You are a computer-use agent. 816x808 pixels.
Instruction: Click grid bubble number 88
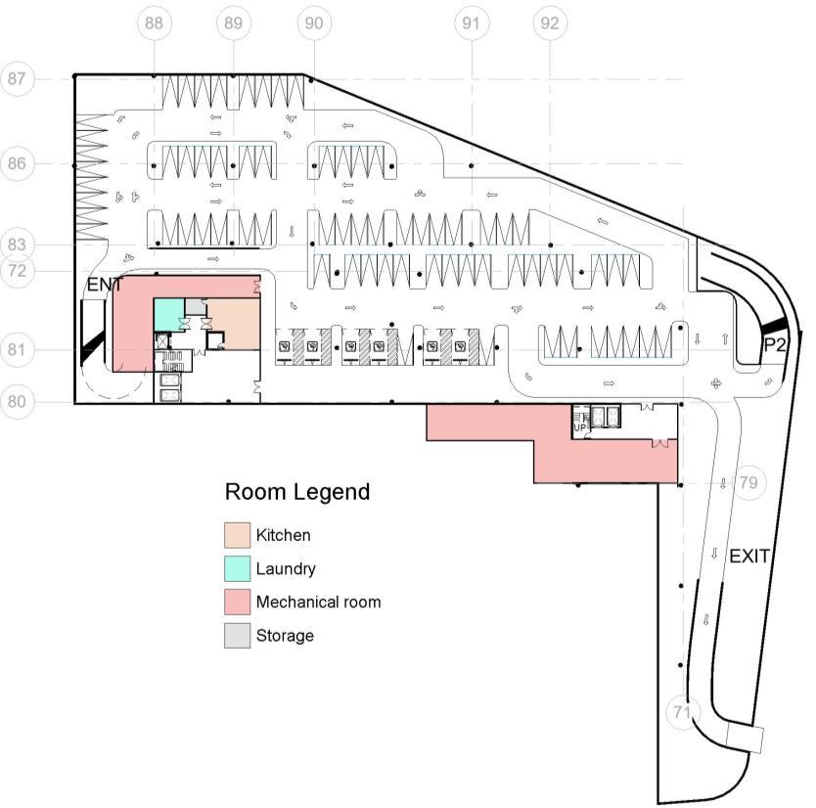coord(154,23)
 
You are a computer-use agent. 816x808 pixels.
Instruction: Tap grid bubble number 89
coord(232,23)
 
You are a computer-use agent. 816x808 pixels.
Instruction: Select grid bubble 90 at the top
coord(312,23)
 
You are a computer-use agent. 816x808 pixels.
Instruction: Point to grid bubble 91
coord(472,23)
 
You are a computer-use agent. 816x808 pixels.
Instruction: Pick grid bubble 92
coord(550,23)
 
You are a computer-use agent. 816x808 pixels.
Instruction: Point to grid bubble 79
coord(748,482)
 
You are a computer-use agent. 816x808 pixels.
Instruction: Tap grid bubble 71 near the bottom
coord(683,712)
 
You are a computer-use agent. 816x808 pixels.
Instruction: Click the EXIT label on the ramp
coord(749,557)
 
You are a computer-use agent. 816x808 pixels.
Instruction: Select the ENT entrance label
coord(105,286)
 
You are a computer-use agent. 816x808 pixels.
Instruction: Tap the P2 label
coord(775,344)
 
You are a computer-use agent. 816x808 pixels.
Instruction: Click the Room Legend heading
coord(297,492)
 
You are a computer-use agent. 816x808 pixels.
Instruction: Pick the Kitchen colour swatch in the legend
coord(237,535)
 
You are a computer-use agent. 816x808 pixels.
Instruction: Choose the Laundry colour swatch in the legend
coord(237,569)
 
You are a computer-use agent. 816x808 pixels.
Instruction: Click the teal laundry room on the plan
coord(168,313)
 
